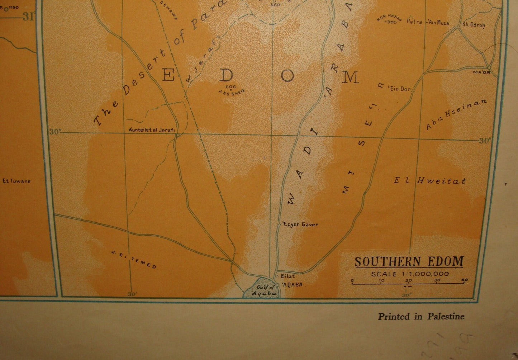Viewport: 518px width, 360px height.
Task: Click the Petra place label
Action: pyautogui.click(x=414, y=21)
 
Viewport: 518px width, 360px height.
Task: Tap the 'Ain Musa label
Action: pyautogui.click(x=438, y=23)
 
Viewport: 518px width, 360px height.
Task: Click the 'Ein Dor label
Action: pyautogui.click(x=400, y=89)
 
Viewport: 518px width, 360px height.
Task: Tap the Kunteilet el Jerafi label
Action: pyautogui.click(x=151, y=130)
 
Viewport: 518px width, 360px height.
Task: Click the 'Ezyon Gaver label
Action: pyautogui.click(x=300, y=224)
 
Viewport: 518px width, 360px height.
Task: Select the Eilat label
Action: pyautogui.click(x=287, y=276)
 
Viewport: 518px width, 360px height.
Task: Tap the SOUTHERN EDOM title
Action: pyautogui.click(x=409, y=261)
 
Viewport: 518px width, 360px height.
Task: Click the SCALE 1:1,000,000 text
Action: pyautogui.click(x=410, y=274)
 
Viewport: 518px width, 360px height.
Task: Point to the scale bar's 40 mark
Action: pyautogui.click(x=465, y=280)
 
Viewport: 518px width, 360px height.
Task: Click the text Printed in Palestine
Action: pyautogui.click(x=421, y=316)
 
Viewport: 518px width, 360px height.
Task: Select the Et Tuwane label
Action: pyautogui.click(x=16, y=181)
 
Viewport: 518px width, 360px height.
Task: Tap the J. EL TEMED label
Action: pyautogui.click(x=134, y=260)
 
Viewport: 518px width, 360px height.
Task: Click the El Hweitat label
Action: pyautogui.click(x=430, y=181)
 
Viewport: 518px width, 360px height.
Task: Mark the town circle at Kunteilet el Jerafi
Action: pyautogui.click(x=177, y=136)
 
